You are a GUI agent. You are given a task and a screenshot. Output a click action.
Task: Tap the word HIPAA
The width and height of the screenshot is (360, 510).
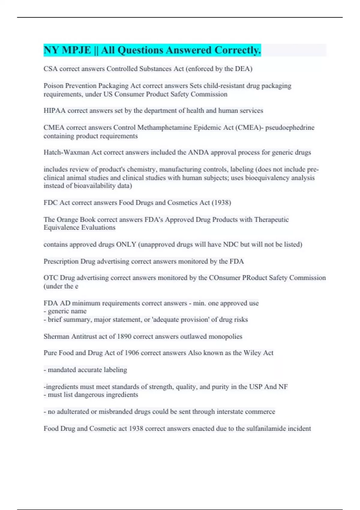[x=54, y=111]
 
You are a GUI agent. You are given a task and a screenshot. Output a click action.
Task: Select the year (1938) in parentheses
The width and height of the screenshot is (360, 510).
[x=221, y=203]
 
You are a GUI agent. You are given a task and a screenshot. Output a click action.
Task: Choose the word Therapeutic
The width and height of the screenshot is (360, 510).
[x=271, y=220]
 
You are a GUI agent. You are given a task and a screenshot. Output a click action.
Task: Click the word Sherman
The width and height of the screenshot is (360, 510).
[x=56, y=337]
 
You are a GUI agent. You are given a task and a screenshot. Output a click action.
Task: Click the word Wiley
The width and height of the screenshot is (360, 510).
[x=252, y=353]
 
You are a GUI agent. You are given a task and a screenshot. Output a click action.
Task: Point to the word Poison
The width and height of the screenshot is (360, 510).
[x=53, y=86]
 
